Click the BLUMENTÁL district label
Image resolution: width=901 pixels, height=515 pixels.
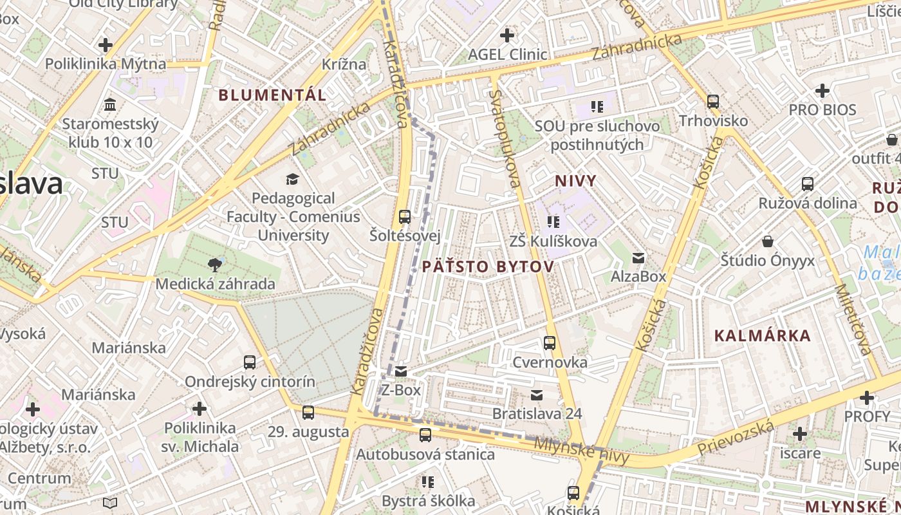(x=272, y=95)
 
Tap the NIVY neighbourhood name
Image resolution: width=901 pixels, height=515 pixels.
(x=575, y=181)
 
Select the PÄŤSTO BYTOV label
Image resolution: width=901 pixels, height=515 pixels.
(x=488, y=267)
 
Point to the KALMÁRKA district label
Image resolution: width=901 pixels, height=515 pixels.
(x=763, y=335)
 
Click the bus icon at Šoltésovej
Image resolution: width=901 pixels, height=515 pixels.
(x=405, y=217)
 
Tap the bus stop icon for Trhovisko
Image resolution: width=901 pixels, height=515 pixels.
(x=713, y=102)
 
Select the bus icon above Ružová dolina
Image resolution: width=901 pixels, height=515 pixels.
(x=808, y=184)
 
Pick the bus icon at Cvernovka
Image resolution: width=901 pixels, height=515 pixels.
(x=550, y=343)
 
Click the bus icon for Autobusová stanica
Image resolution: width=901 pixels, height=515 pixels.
(x=425, y=435)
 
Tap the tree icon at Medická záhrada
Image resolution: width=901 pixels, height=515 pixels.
(x=215, y=264)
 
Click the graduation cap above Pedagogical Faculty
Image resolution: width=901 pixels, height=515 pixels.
(x=293, y=179)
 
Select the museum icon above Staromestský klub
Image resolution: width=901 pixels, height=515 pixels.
(x=110, y=104)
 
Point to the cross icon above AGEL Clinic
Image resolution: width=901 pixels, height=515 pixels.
(x=507, y=35)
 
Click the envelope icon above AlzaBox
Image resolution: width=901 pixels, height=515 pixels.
(x=638, y=257)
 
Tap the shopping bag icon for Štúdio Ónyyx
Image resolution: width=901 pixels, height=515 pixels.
(x=767, y=241)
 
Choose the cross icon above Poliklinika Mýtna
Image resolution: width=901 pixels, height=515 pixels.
(x=105, y=45)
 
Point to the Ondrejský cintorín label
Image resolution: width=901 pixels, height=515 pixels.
(x=250, y=382)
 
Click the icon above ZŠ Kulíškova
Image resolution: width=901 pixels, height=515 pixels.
(x=553, y=222)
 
